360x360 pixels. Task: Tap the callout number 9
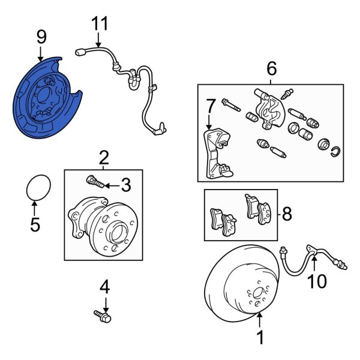[x=41, y=37]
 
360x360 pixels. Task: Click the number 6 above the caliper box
[x=272, y=69]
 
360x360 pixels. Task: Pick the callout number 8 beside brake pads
[x=287, y=214]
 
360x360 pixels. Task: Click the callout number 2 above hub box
[x=103, y=158]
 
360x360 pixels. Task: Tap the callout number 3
[x=125, y=185]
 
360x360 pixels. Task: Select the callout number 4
[x=105, y=287]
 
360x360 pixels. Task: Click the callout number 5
[x=34, y=225]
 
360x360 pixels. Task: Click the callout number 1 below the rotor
[x=260, y=338]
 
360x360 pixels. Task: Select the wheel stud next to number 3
[x=94, y=180]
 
